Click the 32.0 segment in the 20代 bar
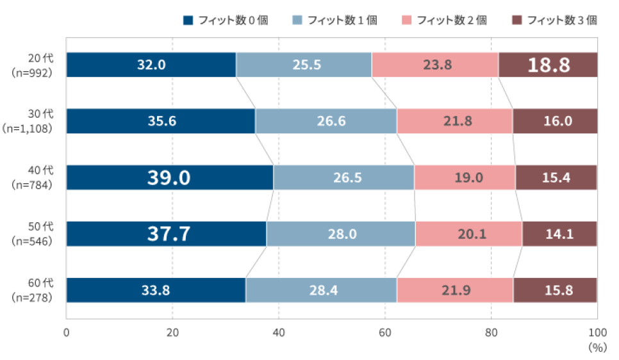point(151,65)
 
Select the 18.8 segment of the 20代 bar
point(548,65)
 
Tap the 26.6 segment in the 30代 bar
point(326,121)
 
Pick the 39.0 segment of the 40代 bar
point(170,177)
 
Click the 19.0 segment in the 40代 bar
point(465,177)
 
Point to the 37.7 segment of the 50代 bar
point(166,234)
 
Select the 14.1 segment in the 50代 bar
point(559,234)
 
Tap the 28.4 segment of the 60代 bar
point(321,290)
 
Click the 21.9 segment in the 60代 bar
point(455,290)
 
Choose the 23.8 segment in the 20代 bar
point(435,65)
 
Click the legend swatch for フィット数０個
point(188,20)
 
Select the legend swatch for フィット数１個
point(297,20)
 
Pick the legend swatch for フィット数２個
point(407,20)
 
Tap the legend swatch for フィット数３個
point(517,20)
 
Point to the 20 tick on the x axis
point(172,332)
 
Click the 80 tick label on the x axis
point(491,332)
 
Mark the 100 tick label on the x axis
point(597,332)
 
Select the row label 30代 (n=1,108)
point(33,121)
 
